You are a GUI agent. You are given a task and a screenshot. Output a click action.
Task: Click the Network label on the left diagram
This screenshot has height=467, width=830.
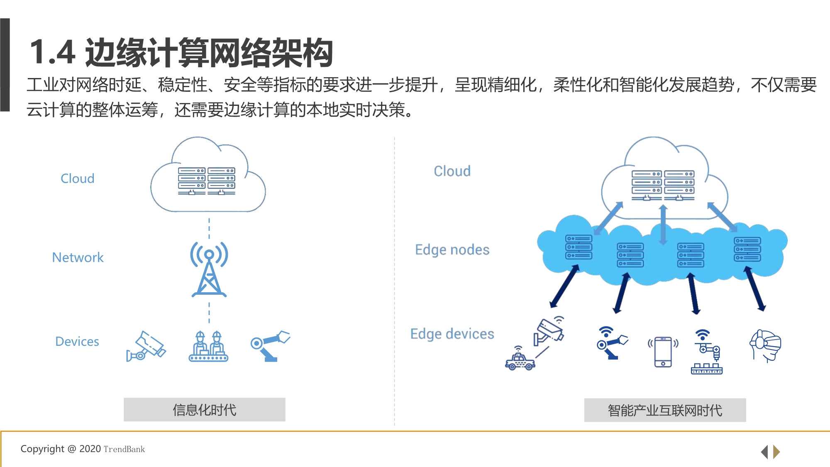tap(78, 257)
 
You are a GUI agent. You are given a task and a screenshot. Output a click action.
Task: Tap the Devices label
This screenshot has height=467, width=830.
tap(77, 341)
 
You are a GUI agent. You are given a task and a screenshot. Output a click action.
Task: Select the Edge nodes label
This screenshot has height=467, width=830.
tap(452, 249)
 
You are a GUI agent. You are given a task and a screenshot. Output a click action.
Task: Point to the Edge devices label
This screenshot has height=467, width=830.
tap(452, 334)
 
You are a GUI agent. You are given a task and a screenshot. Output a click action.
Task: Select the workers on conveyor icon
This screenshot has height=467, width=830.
tap(208, 347)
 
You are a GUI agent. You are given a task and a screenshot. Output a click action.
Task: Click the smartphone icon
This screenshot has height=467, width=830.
tap(663, 352)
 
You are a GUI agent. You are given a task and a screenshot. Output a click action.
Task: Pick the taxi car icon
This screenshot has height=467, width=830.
tap(520, 360)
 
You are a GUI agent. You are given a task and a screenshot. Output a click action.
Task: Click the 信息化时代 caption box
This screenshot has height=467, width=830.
tap(204, 410)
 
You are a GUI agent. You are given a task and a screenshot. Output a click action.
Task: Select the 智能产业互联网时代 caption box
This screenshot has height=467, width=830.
tap(665, 410)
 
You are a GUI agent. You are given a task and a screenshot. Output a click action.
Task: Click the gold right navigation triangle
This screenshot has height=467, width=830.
tap(776, 452)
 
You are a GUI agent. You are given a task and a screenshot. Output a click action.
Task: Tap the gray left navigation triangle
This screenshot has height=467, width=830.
tap(764, 452)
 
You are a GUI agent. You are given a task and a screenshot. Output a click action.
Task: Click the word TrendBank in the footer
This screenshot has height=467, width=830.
tap(124, 449)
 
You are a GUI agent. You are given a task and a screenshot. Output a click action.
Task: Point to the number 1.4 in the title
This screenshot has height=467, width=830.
tap(52, 52)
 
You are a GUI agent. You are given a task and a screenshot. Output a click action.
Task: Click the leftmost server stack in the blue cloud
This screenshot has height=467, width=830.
tap(579, 247)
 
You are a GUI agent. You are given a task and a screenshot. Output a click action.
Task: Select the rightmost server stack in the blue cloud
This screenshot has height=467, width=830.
tap(747, 249)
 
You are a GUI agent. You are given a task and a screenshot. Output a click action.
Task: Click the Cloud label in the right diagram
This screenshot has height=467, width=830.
tap(452, 171)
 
